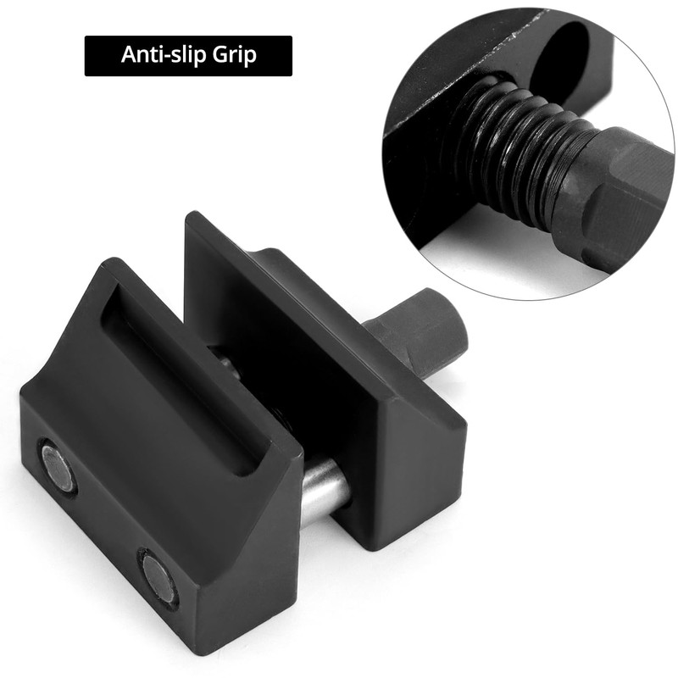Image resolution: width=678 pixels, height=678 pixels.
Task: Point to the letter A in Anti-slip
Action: (128, 55)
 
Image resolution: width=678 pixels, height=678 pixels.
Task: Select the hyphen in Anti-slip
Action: (172, 57)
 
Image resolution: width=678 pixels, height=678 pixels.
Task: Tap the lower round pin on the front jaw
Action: (158, 578)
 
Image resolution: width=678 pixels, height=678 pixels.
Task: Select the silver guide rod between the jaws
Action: (325, 491)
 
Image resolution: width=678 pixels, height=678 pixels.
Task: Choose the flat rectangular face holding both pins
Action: (110, 508)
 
